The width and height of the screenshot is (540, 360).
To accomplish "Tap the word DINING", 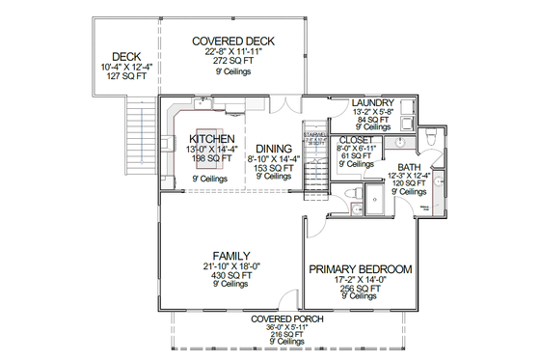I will pyautogui.click(x=273, y=148).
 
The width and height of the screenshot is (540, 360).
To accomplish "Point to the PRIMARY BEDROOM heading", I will pyautogui.click(x=361, y=269).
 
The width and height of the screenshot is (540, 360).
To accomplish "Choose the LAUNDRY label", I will pyautogui.click(x=371, y=102).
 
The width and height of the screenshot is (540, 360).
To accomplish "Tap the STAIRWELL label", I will pyautogui.click(x=313, y=134).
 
